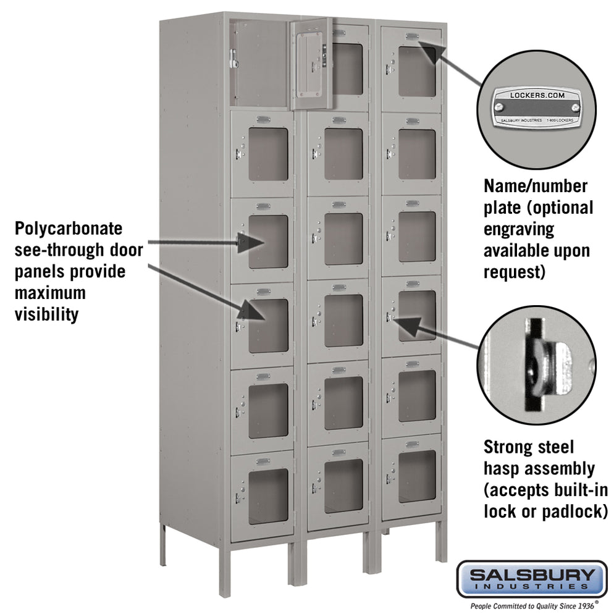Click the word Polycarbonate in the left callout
coord(68,229)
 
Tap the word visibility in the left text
coord(47,314)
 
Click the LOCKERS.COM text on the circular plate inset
coord(537,95)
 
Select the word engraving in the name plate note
coord(519,229)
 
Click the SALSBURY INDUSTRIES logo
coord(531,579)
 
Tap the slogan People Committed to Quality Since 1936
coord(531,606)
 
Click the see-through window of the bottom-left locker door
coord(268,496)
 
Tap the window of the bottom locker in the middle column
coord(343,485)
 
